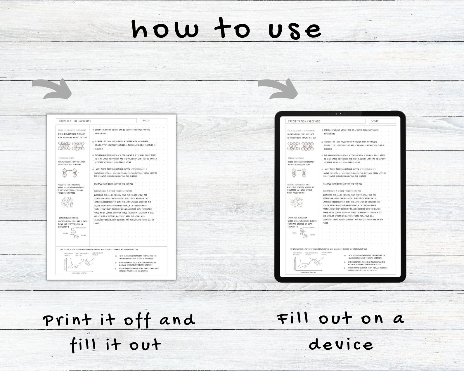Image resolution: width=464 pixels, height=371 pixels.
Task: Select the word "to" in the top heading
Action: (232, 29)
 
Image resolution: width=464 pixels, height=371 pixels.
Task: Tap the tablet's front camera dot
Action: (337, 114)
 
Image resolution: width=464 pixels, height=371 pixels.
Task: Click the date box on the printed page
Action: (153, 121)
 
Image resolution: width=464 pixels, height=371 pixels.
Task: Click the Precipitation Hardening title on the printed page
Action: (75, 121)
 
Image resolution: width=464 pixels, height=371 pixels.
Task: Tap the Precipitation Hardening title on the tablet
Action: (304, 121)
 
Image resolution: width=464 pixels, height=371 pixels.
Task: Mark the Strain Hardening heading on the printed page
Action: (66, 158)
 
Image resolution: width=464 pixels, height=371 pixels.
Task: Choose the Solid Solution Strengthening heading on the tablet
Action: (301, 131)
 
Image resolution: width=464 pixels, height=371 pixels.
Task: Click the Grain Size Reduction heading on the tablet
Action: (297, 218)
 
